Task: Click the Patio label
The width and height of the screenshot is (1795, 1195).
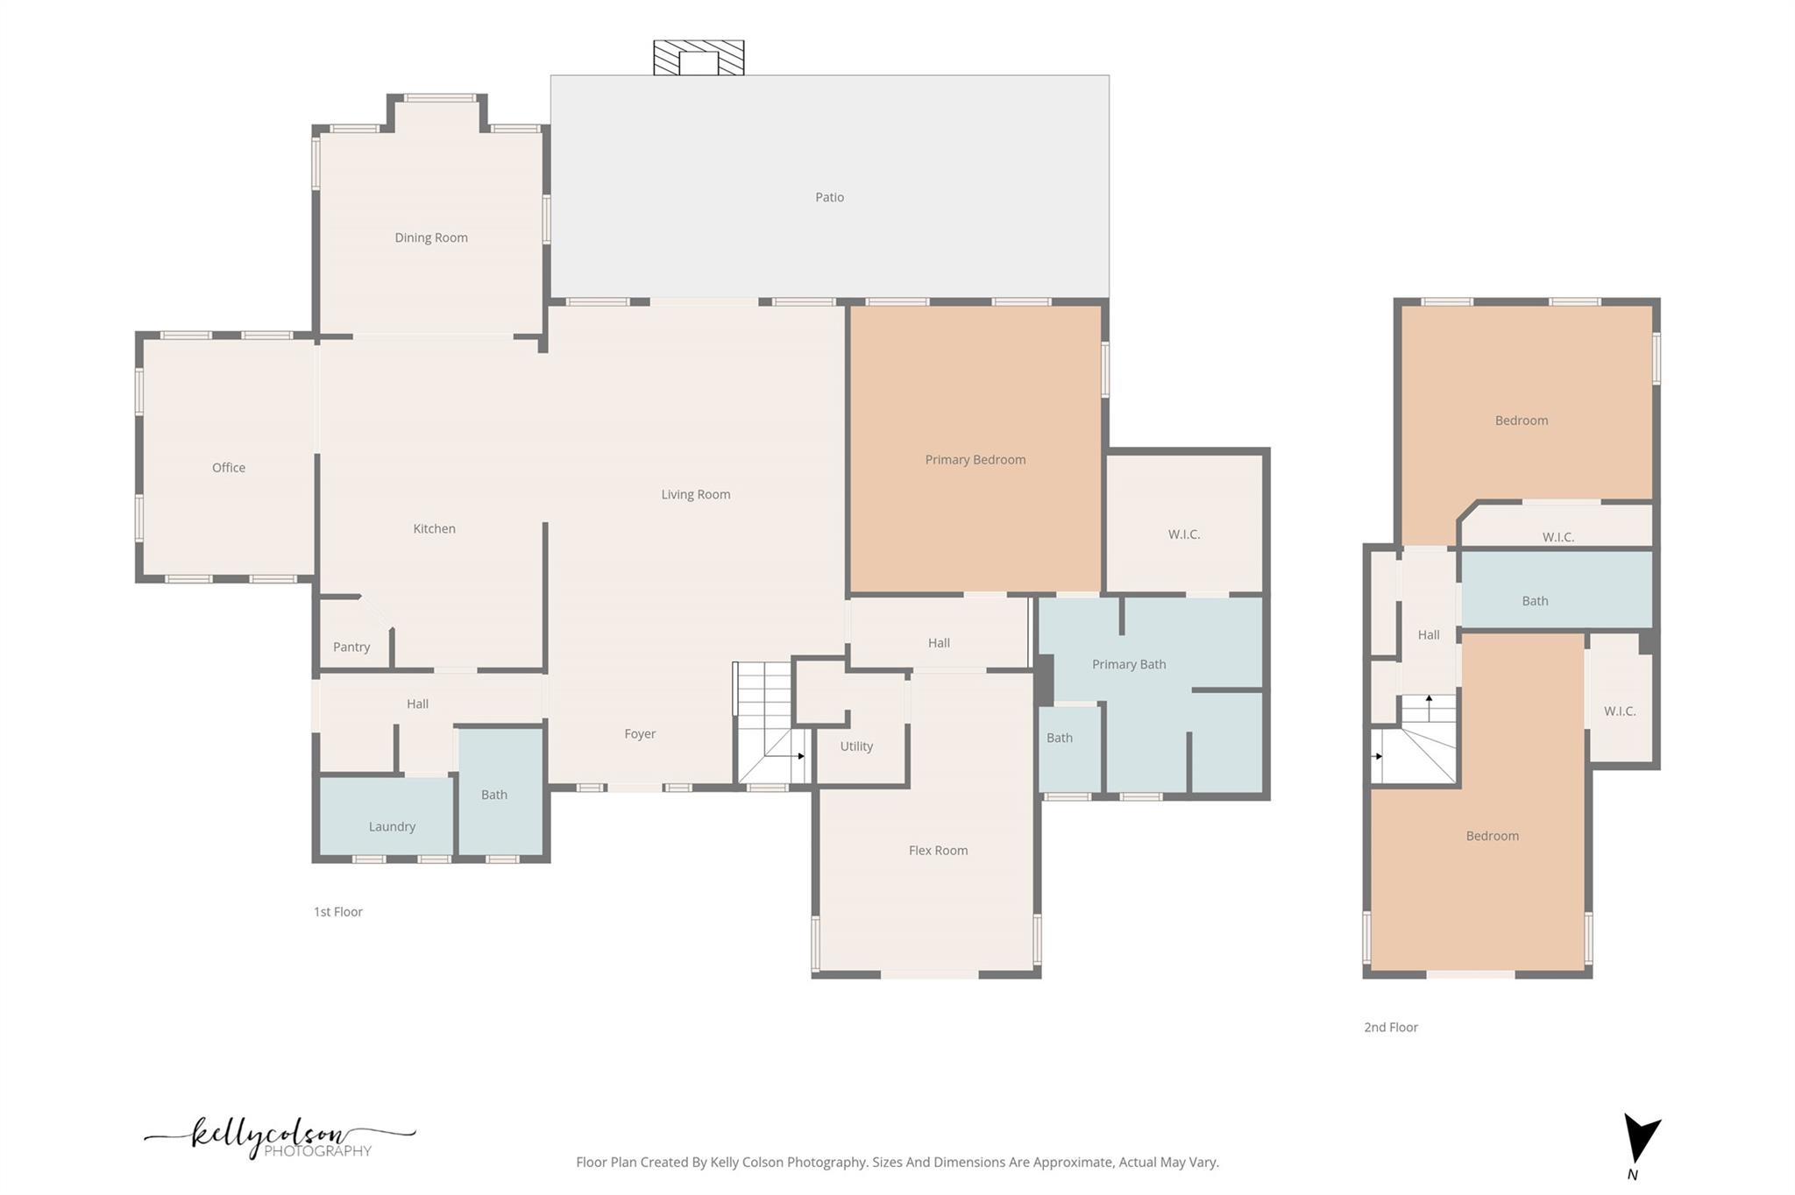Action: (829, 197)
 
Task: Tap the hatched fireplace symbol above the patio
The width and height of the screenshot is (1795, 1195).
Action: (699, 58)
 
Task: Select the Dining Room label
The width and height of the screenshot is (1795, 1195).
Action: (430, 237)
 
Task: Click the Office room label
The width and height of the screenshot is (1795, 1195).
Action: (228, 468)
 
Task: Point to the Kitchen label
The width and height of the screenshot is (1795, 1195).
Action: (434, 528)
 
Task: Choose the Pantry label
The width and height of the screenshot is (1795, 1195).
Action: (351, 647)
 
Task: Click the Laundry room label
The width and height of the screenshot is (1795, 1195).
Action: (392, 826)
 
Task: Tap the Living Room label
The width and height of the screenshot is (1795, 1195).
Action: (695, 494)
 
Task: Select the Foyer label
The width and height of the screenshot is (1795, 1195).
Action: (640, 734)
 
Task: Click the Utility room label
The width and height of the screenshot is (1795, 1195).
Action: (856, 746)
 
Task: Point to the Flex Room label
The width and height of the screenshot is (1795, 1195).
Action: (938, 850)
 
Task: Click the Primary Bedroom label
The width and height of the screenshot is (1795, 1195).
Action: (975, 460)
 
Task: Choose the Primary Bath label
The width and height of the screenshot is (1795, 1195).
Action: (1128, 664)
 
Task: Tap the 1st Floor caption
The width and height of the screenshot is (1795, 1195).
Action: (337, 912)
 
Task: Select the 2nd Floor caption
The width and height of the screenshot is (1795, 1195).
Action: (1390, 1028)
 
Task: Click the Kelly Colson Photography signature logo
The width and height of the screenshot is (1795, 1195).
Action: (280, 1137)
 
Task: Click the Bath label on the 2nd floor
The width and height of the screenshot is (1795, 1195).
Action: (1535, 601)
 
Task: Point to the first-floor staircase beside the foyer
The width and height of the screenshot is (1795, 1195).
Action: (771, 723)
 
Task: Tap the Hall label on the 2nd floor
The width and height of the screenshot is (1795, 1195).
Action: (1429, 635)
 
